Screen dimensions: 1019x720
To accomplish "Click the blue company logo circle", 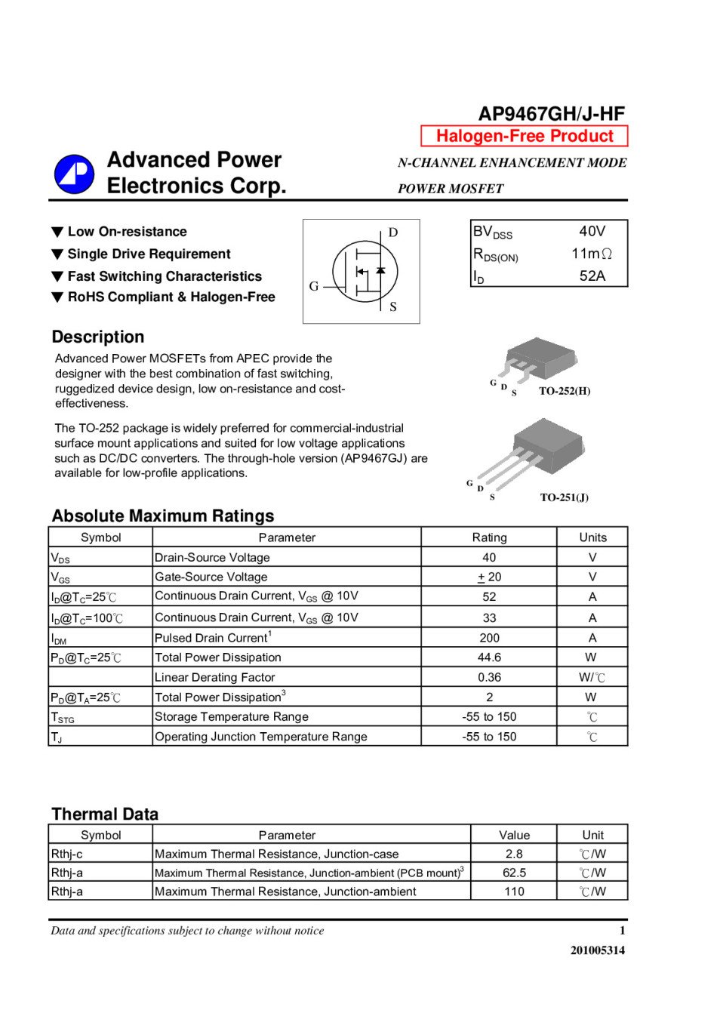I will (x=74, y=174).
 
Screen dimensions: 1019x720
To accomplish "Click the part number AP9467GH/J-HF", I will (x=551, y=114).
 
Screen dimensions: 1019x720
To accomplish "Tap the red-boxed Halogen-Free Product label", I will (x=525, y=136).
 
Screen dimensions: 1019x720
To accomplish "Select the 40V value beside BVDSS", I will (x=592, y=231).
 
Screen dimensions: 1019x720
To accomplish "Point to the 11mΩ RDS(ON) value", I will (x=591, y=254).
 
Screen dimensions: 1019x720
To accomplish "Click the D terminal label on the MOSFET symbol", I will (x=393, y=232).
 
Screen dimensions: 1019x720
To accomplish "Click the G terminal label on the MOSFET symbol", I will (x=314, y=286).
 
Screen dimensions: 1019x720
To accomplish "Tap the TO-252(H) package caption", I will (x=565, y=391).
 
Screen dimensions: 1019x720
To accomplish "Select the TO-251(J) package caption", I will (x=564, y=497).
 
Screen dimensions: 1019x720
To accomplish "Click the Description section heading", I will (x=98, y=337).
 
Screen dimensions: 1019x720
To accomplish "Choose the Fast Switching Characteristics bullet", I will (x=165, y=276).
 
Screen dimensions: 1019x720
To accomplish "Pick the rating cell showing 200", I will (x=489, y=638).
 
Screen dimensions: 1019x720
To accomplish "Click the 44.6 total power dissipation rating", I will (x=489, y=657).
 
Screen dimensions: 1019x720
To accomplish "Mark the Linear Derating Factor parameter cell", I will (x=215, y=678).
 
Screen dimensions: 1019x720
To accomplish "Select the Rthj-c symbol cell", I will (x=67, y=854).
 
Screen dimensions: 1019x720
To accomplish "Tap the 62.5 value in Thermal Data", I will (x=514, y=873).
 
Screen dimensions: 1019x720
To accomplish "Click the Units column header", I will (x=592, y=537).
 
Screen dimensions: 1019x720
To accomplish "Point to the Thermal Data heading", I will (x=105, y=814).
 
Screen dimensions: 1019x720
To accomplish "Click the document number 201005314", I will (x=597, y=950).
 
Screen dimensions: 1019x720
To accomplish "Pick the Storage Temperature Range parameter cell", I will (x=232, y=717).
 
